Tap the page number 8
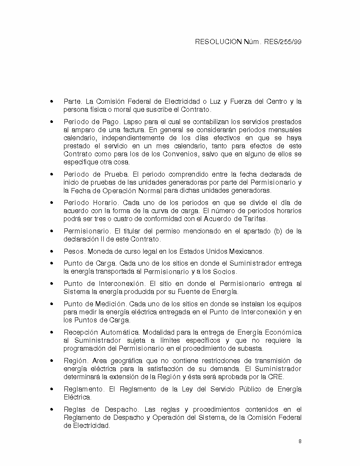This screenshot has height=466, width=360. [x=300, y=441]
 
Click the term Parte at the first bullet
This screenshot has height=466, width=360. [x=72, y=102]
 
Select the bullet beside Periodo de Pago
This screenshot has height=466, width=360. [x=52, y=122]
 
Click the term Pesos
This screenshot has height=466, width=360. [x=74, y=251]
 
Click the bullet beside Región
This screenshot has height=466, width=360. [x=52, y=361]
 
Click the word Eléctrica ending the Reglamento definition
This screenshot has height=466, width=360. [x=77, y=397]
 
